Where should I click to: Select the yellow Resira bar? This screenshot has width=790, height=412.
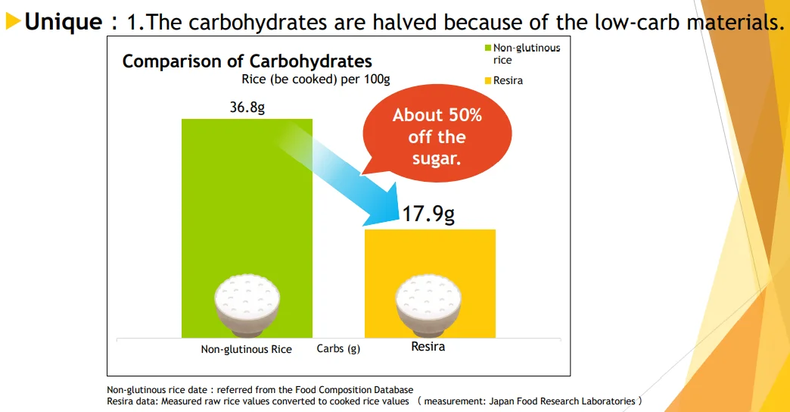[430, 257]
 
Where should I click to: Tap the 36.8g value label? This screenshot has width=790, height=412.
[247, 108]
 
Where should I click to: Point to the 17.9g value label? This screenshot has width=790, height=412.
[428, 214]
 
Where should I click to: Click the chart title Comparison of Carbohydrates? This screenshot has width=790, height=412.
[247, 61]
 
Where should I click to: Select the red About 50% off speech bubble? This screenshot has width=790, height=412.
[437, 136]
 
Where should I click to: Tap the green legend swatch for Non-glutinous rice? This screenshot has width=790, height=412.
[488, 48]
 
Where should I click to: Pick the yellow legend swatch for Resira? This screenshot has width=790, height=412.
[488, 80]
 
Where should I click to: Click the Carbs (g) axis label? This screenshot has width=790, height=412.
[338, 349]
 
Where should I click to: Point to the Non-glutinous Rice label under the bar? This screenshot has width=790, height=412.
[246, 349]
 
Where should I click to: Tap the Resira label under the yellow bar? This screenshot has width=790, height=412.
[428, 347]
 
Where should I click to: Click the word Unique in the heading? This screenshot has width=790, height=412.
[64, 22]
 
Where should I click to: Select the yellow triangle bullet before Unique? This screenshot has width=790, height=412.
[13, 22]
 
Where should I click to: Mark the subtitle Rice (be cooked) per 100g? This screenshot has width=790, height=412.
[316, 79]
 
